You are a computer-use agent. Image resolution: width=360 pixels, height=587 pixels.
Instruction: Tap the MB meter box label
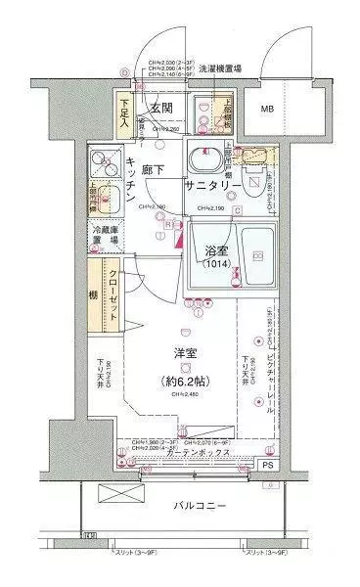(x=266, y=109)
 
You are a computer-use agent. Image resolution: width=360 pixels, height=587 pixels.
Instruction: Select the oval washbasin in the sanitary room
(x=207, y=157)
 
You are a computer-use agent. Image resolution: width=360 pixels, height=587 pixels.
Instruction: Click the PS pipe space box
(x=268, y=466)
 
